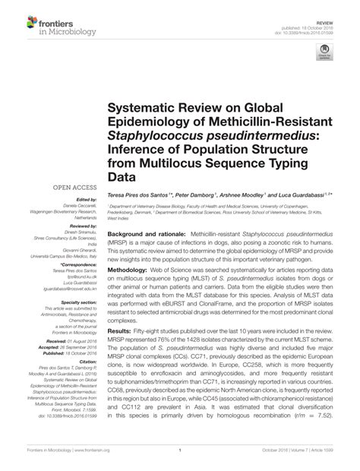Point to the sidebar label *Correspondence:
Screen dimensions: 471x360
click(75, 264)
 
